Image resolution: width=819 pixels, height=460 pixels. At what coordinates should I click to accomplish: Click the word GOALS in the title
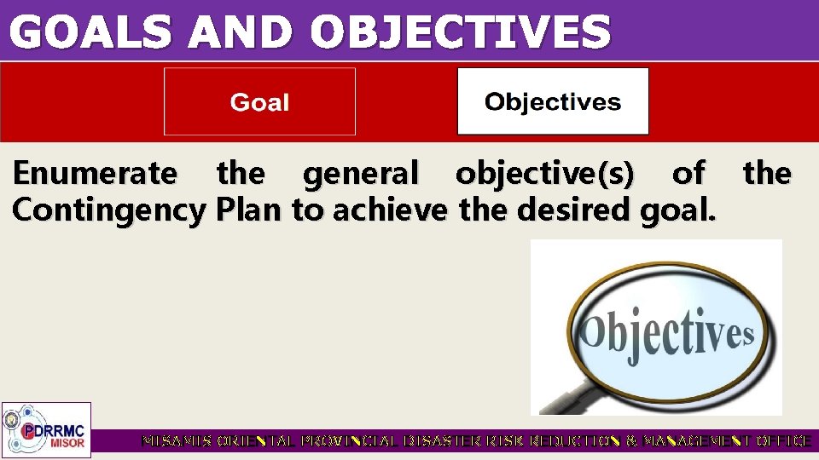90,32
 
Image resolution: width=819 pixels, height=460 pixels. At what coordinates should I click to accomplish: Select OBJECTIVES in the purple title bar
460,32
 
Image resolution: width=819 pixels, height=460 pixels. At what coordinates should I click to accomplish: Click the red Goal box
259,102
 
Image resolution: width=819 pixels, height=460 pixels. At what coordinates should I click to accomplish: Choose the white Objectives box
553,102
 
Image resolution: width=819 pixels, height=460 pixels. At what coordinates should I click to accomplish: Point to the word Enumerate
95,174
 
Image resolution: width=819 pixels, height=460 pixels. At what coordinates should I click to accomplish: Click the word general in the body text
361,174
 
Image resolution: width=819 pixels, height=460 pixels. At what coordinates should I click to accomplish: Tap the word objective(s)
545,174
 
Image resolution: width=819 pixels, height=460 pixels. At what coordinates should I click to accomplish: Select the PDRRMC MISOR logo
46,429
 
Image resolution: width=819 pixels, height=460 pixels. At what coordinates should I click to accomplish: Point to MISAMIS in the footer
177,441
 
